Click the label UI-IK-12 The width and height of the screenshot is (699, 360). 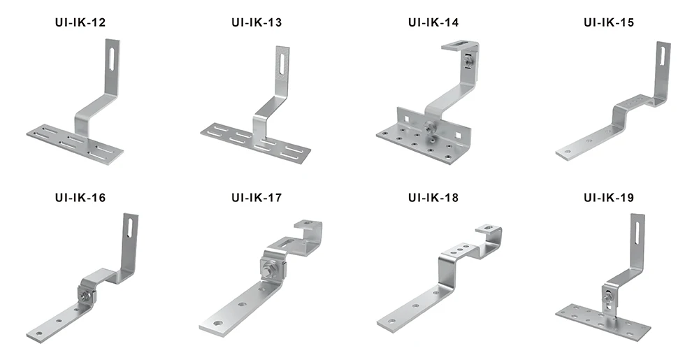click(80, 23)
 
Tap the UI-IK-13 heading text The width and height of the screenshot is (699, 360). click(257, 23)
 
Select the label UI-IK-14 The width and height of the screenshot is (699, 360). click(433, 23)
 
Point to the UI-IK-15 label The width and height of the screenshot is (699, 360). click(609, 23)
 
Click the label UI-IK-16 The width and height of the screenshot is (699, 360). click(80, 198)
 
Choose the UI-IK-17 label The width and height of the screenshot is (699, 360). click(257, 198)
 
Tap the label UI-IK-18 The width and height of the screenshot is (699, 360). click(433, 198)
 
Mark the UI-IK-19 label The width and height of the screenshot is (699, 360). click(609, 198)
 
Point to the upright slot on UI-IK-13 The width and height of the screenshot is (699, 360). click(281, 64)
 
